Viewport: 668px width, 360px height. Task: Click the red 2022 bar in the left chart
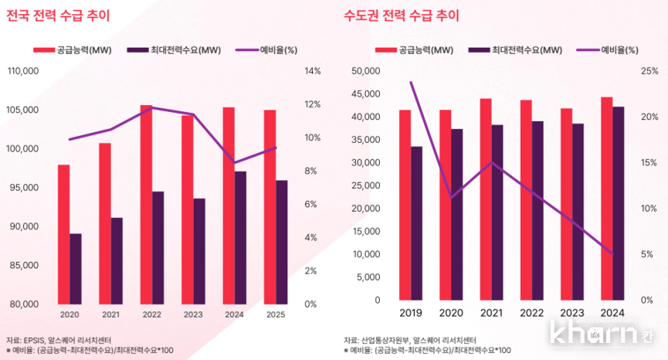(x=146, y=204)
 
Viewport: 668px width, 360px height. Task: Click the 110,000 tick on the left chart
(x=23, y=71)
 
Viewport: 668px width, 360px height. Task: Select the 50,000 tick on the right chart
(x=366, y=71)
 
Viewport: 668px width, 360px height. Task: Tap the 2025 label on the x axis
(x=275, y=314)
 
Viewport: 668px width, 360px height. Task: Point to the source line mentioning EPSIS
(x=59, y=340)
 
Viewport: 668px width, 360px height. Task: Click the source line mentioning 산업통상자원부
(x=409, y=340)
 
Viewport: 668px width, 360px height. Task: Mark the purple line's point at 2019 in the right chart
(x=411, y=82)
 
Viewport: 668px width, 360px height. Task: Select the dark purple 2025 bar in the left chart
(x=281, y=242)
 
